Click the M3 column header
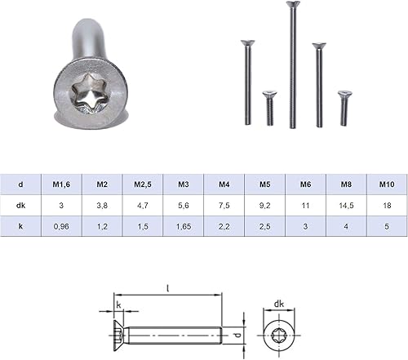[184, 184]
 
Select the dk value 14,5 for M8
[346, 206]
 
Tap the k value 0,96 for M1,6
[61, 226]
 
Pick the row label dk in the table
[20, 205]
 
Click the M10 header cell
[387, 184]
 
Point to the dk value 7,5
[224, 206]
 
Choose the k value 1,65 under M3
[184, 226]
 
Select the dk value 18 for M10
[387, 206]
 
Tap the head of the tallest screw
[293, 4]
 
